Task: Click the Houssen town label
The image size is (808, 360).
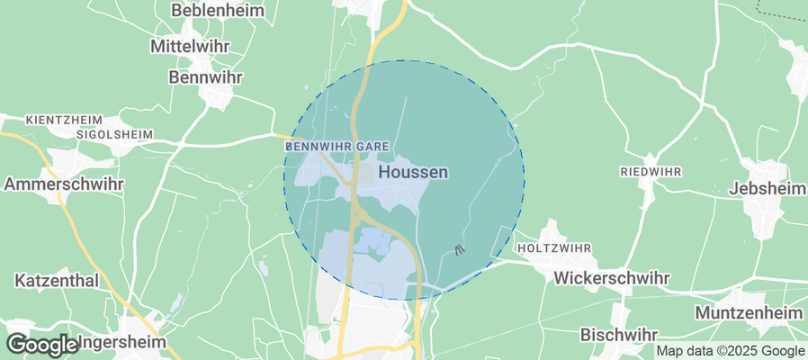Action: (413, 171)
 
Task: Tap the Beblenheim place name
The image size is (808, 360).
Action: (206, 12)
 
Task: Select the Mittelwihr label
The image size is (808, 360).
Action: (191, 45)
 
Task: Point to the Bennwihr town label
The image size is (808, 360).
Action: (206, 77)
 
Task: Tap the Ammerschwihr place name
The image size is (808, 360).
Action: (64, 184)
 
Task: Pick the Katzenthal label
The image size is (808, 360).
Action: (56, 281)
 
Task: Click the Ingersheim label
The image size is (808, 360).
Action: (122, 343)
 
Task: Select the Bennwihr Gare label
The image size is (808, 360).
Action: (337, 146)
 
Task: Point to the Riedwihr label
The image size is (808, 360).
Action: (651, 171)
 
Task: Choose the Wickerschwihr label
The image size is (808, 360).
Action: (611, 278)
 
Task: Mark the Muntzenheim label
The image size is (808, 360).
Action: (749, 312)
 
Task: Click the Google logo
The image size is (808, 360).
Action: (41, 345)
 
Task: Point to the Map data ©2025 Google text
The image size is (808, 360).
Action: (730, 351)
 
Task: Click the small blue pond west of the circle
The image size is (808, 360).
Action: (262, 267)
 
